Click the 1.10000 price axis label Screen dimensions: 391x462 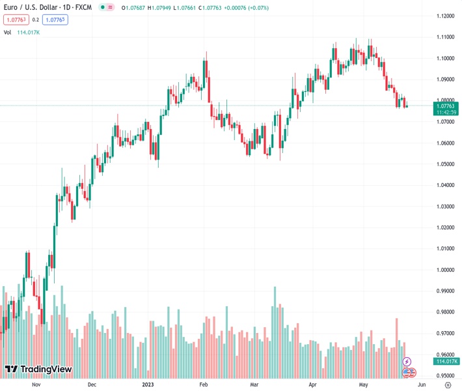coord(446,58)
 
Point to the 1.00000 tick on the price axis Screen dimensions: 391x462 coord(446,270)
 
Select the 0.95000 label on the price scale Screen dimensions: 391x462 coord(446,375)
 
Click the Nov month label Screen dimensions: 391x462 coord(36,385)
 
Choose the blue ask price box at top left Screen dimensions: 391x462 coord(55,20)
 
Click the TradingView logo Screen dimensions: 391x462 coord(38,369)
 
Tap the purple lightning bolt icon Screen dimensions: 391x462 coord(407,361)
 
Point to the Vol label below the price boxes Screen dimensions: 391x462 coord(7,32)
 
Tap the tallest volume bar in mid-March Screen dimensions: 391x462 coord(275,332)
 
